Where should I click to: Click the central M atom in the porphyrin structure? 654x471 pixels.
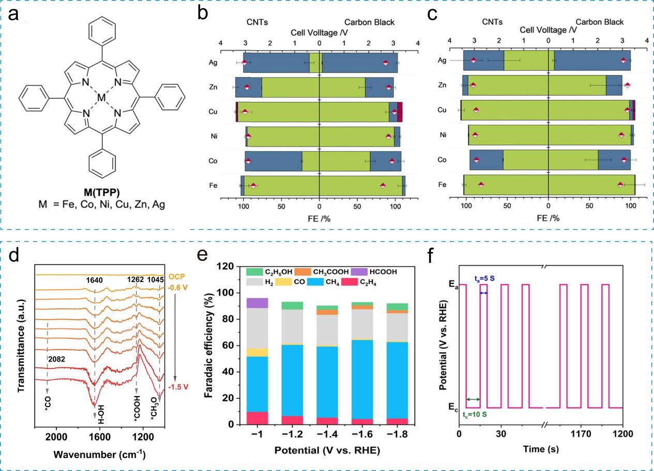pos(101,97)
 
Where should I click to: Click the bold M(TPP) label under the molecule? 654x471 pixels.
pos(102,192)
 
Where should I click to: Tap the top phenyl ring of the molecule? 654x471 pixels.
pos(102,30)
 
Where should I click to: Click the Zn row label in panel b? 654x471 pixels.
pos(213,87)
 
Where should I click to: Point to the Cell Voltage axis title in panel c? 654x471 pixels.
pos(548,30)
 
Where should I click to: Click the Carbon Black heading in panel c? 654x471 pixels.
pos(599,22)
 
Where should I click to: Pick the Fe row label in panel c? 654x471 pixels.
pos(443,184)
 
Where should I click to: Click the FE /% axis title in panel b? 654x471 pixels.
pos(319,218)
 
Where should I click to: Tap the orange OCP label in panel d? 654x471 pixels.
pos(177,276)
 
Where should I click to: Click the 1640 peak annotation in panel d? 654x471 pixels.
pos(94,280)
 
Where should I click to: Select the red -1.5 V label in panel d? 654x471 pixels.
pos(178,387)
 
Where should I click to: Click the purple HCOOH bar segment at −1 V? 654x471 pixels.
pos(257,303)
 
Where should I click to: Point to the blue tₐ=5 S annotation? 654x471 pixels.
pos(484,278)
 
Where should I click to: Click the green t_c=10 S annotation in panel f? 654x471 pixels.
pos(475,414)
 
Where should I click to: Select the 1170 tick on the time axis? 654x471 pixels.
pos(581,434)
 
